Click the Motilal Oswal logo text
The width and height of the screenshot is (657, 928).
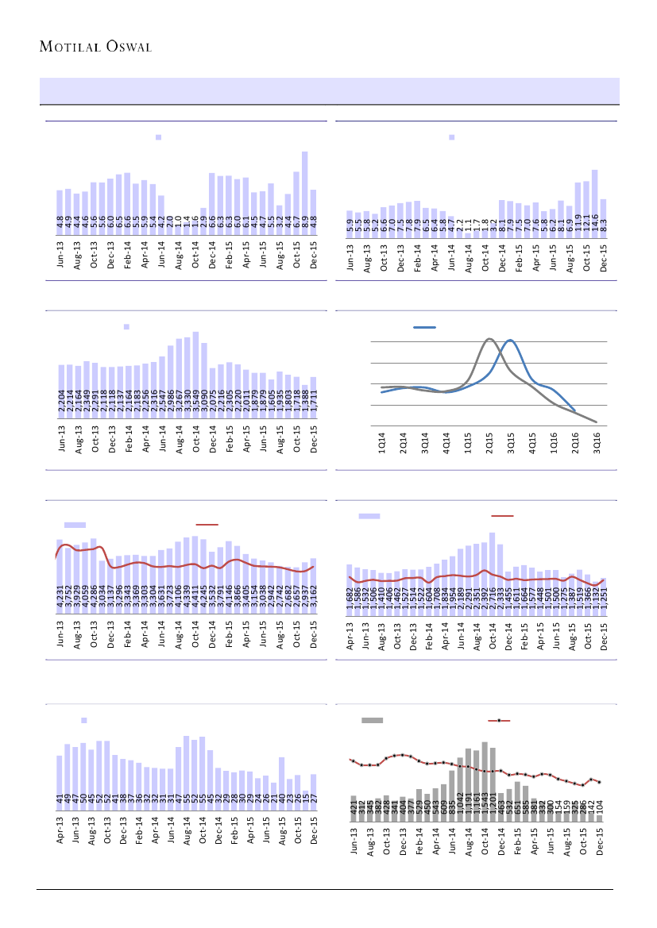tap(95, 46)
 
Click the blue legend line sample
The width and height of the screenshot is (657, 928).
tap(426, 327)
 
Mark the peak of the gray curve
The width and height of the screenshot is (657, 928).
tap(489, 339)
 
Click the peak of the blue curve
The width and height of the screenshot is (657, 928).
tap(511, 340)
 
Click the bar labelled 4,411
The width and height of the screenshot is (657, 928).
tap(195, 572)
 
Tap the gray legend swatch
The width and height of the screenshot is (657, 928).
tap(373, 720)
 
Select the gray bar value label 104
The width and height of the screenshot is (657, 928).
tap(601, 805)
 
